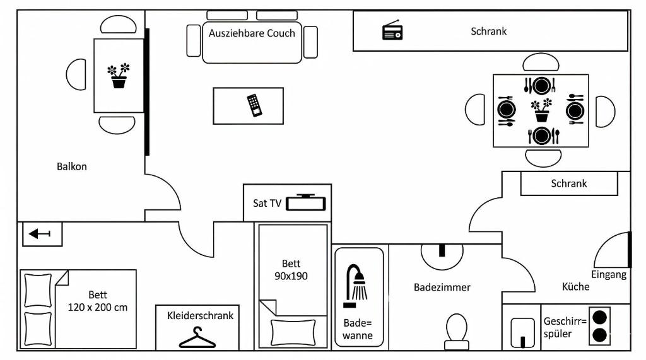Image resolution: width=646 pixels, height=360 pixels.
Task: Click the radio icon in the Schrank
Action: pyautogui.click(x=392, y=30)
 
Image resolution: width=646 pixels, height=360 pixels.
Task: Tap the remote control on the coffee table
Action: pyautogui.click(x=255, y=105)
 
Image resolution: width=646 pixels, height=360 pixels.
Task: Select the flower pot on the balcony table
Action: pyautogui.click(x=119, y=76)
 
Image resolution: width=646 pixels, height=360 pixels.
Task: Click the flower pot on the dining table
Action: pyautogui.click(x=542, y=110)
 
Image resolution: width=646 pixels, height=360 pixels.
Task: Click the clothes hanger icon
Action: pyautogui.click(x=197, y=338)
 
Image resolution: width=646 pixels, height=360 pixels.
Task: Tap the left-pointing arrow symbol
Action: pyautogui.click(x=40, y=234)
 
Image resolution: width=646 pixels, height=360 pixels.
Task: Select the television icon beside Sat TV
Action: pyautogui.click(x=306, y=202)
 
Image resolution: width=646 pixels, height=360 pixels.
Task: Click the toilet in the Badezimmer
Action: pyautogui.click(x=457, y=332)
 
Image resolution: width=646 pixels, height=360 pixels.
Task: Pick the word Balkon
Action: pyautogui.click(x=72, y=167)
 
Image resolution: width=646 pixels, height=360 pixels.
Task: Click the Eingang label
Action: pyautogui.click(x=609, y=275)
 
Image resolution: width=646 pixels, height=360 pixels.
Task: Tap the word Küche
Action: pyautogui.click(x=575, y=286)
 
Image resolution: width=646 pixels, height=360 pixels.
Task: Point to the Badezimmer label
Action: pyautogui.click(x=442, y=287)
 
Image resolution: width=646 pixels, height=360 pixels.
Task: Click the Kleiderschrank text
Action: pyautogui.click(x=200, y=315)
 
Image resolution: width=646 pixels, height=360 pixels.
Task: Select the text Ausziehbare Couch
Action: pyautogui.click(x=252, y=33)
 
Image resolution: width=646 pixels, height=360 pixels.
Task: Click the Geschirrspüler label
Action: pyautogui.click(x=565, y=327)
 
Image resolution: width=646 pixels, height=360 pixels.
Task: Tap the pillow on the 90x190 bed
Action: pyautogui.click(x=293, y=332)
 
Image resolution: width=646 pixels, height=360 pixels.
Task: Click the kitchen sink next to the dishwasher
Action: pyautogui.click(x=522, y=333)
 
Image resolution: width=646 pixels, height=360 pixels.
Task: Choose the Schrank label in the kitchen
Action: pyautogui.click(x=569, y=183)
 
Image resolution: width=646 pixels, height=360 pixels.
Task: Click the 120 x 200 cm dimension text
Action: pyautogui.click(x=98, y=307)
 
